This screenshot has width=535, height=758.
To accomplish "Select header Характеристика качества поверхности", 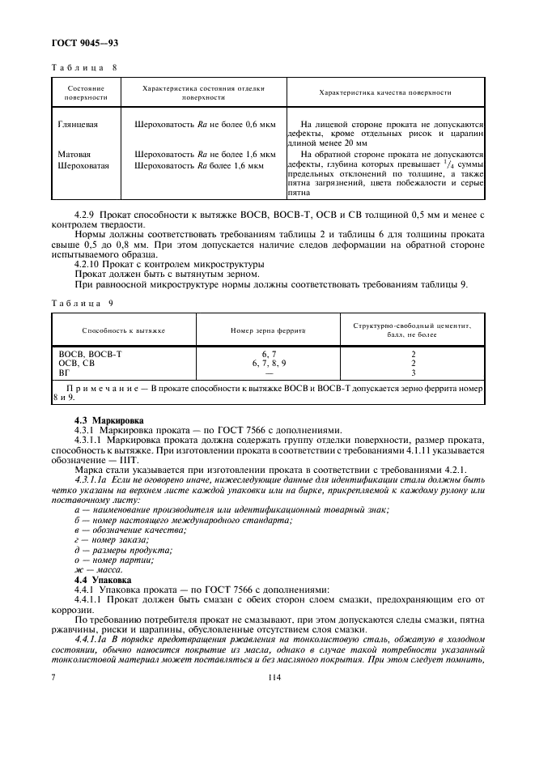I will pos(385,92).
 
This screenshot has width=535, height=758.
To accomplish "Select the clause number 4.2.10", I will pos(87,264).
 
